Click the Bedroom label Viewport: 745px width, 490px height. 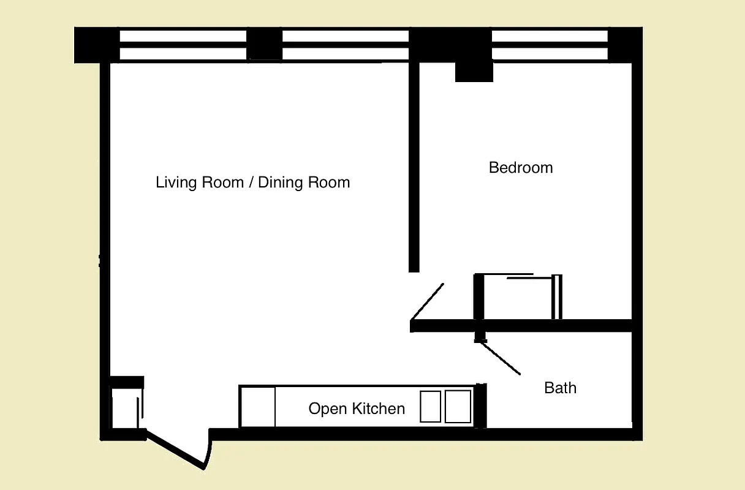click(521, 168)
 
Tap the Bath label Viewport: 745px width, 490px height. click(560, 388)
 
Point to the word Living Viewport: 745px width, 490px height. click(175, 183)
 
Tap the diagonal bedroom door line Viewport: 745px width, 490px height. click(428, 301)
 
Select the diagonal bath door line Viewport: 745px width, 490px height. click(499, 358)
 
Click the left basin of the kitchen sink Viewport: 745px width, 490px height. click(431, 406)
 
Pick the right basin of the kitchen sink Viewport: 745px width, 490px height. click(458, 406)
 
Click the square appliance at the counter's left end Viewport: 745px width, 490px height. click(257, 407)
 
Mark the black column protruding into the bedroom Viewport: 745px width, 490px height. click(474, 71)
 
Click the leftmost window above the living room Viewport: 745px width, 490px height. click(183, 45)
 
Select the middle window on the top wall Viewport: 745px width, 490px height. click(345, 45)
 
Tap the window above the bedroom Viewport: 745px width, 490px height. click(550, 45)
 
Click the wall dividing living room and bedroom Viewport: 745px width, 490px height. click(414, 165)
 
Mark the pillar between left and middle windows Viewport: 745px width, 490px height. click(264, 45)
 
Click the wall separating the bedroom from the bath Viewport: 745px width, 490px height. click(551, 325)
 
